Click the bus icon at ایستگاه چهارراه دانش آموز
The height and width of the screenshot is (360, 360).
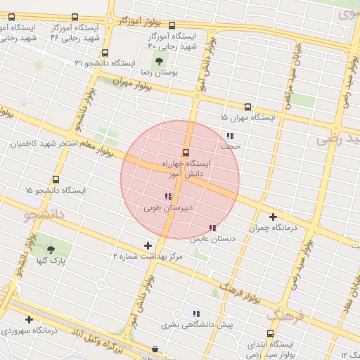point(186,152)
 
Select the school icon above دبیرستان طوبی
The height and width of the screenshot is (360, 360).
point(167,196)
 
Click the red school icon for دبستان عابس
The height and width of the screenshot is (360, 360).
point(212,228)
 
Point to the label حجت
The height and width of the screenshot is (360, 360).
point(230,147)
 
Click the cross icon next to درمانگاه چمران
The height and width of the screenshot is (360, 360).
point(273,217)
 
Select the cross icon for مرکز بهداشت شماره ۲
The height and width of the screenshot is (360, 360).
point(147,245)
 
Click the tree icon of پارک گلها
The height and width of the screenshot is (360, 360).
point(50,249)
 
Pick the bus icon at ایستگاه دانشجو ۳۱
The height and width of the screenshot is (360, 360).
point(105,53)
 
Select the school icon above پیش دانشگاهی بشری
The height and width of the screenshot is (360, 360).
point(196,314)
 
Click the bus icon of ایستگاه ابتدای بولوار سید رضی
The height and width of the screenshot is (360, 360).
point(271,334)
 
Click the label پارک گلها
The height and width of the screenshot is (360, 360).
point(51,260)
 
